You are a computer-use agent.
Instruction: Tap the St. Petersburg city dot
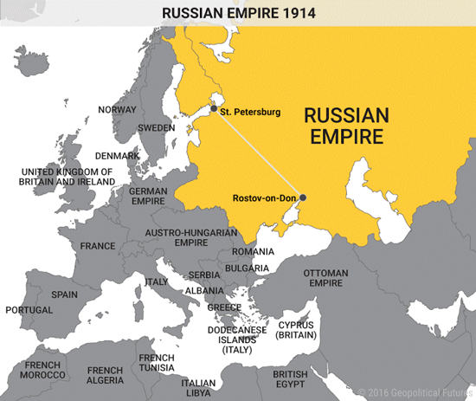click(x=213, y=109)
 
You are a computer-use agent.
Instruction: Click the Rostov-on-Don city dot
click(x=302, y=197)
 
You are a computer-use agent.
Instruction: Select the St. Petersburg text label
click(x=251, y=112)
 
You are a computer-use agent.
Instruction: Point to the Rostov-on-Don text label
click(x=264, y=198)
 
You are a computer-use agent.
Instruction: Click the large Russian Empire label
click(x=346, y=126)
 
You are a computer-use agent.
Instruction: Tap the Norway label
click(x=117, y=109)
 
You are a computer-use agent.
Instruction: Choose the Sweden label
click(x=157, y=127)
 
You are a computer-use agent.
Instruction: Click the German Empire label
click(x=148, y=196)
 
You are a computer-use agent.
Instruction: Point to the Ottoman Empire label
click(x=325, y=278)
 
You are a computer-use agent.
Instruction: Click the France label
click(x=98, y=246)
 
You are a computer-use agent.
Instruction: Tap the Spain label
click(x=64, y=294)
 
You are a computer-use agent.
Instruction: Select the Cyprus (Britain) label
click(x=296, y=330)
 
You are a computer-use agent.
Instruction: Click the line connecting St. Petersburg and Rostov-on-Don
click(x=258, y=153)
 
